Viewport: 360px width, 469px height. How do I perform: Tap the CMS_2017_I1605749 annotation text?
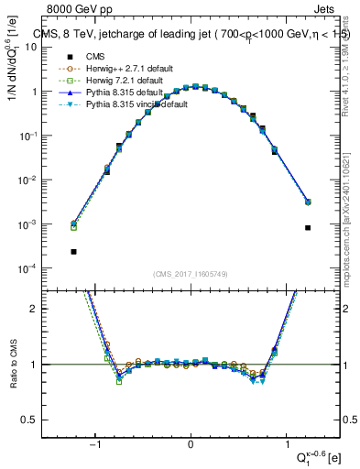(x=191, y=274)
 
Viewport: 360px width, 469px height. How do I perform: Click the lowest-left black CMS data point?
(x=73, y=251)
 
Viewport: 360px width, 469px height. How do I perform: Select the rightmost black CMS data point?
(x=308, y=227)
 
